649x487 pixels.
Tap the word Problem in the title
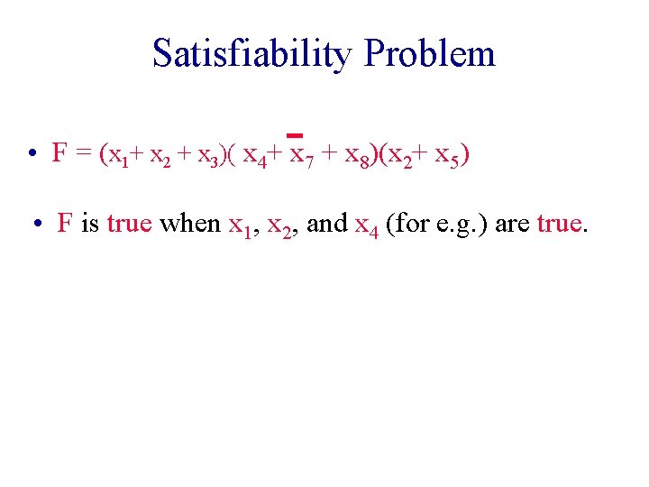coord(429,53)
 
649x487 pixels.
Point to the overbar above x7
coord(294,137)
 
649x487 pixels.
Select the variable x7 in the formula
coord(298,155)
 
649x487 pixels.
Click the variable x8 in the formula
coord(355,155)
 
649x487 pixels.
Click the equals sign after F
coord(82,154)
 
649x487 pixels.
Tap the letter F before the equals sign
coord(59,153)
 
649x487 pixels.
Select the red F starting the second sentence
coord(65,223)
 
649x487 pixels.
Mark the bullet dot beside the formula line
coord(31,155)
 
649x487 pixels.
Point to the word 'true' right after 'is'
coord(130,223)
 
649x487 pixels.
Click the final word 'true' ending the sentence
coord(561,223)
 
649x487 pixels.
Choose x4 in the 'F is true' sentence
coord(365,225)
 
